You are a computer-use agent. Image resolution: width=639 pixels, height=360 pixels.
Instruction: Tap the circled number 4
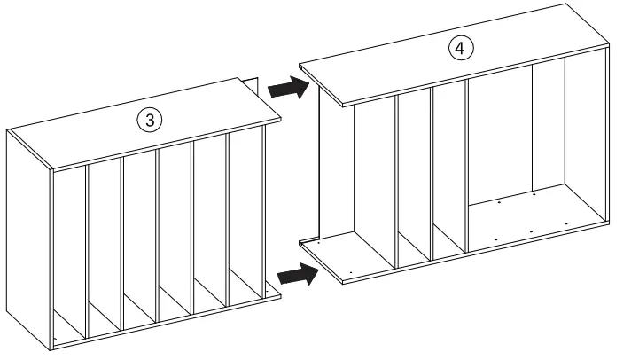click(x=458, y=49)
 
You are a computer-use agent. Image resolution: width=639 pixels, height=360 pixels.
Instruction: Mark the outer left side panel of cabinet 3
click(x=28, y=239)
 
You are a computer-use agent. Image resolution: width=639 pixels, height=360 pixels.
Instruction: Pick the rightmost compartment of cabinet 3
click(x=247, y=222)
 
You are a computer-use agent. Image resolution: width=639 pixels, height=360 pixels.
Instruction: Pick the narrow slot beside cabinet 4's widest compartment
click(x=449, y=168)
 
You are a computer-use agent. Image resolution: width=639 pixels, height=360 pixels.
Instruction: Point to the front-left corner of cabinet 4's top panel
click(x=341, y=106)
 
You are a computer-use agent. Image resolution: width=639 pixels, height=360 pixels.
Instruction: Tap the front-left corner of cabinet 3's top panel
click(x=53, y=168)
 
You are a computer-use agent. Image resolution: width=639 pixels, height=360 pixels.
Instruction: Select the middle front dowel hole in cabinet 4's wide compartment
click(x=530, y=231)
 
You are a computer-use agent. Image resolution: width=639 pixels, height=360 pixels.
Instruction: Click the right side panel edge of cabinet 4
click(x=605, y=133)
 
